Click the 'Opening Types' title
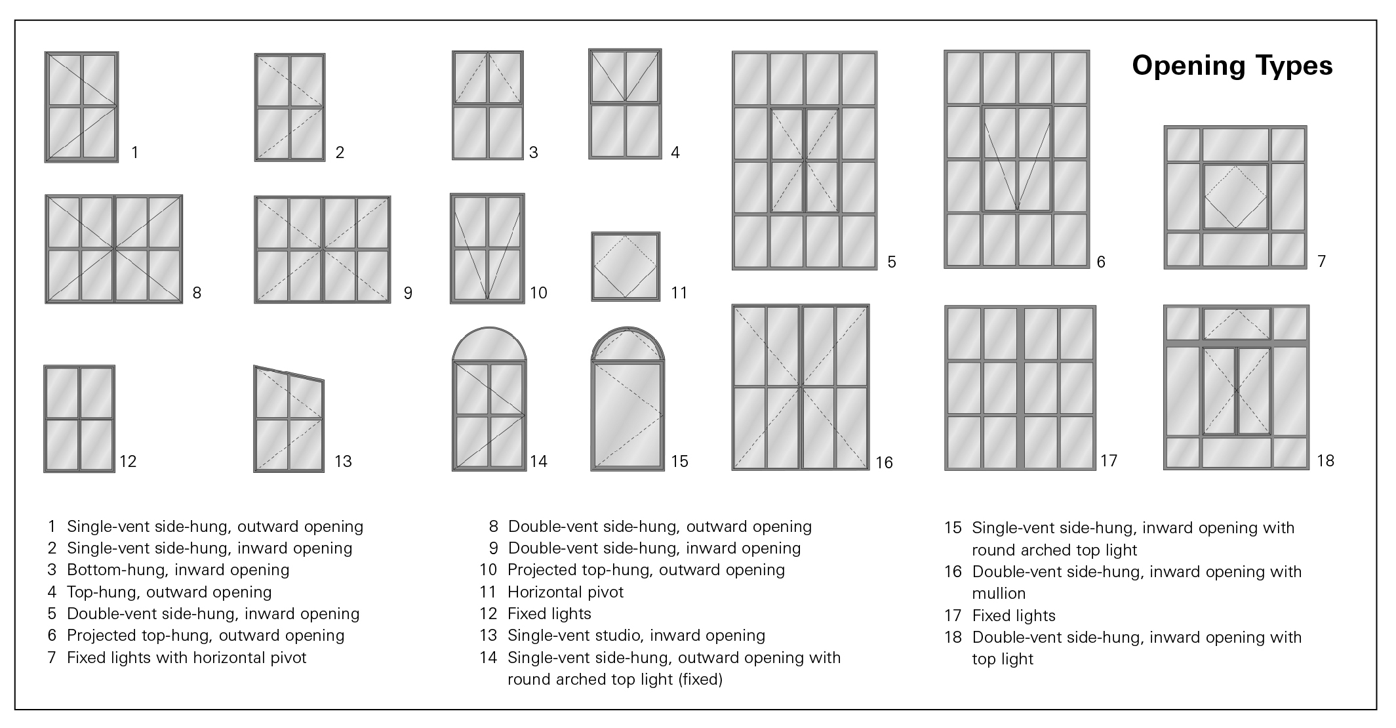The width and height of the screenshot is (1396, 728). pos(1231,66)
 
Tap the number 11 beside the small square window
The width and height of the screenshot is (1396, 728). pos(679,293)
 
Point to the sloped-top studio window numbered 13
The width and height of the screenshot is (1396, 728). pos(289,420)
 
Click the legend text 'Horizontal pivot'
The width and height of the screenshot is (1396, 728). pos(565,592)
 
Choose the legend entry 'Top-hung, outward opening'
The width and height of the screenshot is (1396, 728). pos(169,592)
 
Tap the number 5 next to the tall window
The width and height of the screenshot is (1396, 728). pos(891,262)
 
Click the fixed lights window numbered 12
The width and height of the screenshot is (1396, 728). pos(79,419)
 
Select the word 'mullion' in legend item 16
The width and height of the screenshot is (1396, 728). pos(999,594)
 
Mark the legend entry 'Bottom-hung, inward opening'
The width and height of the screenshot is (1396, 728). pos(178,570)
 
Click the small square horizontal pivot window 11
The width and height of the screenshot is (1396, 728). pos(626,266)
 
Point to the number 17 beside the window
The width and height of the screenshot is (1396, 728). pos(1108,461)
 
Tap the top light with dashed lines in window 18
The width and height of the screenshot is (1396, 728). pos(1236,323)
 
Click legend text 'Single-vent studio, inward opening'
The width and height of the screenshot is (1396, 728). pos(636,636)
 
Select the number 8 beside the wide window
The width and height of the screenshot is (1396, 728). pos(197,293)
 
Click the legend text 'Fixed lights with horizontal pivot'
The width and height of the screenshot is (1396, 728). pos(186,658)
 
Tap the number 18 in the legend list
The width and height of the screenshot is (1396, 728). pos(953,637)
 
